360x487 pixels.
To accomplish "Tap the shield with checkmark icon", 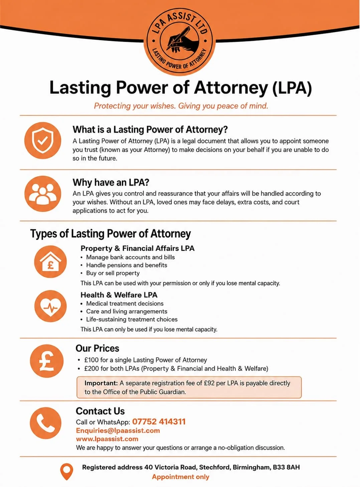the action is coord(43,141).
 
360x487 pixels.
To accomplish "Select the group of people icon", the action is coord(43,194).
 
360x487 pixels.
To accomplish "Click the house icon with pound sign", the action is coord(50,261).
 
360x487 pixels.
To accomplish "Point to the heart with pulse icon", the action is coord(50,306).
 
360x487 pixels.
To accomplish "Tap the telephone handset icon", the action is coord(46,423).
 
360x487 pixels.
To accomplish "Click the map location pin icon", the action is coord(66,471).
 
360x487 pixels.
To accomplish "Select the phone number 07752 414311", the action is coord(159,422).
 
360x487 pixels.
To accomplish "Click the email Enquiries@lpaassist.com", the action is coord(118,431).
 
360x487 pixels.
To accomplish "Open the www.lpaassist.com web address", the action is coord(107,439).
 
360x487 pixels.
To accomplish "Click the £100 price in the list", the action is coord(92,360).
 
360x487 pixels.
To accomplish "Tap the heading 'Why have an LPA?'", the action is coord(111,183).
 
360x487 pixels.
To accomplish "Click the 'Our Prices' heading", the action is coord(97,348).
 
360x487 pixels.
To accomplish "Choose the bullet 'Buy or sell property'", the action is coord(113,273).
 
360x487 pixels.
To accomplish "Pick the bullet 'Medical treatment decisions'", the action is coord(125,303).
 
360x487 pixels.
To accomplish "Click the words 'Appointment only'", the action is coord(181,477).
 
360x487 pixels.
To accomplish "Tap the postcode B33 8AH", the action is coord(286,467).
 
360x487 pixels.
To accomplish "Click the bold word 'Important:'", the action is coord(101,383).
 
